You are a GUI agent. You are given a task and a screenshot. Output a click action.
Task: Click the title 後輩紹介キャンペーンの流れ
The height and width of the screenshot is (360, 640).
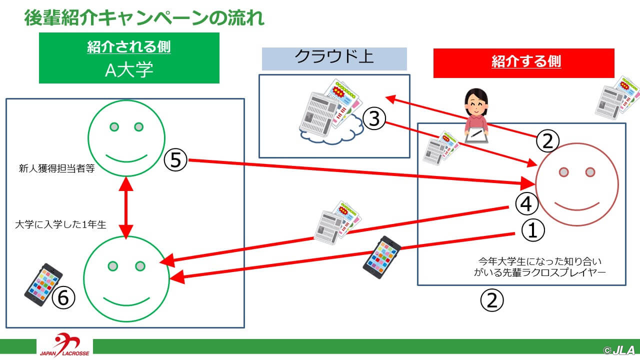click(x=144, y=17)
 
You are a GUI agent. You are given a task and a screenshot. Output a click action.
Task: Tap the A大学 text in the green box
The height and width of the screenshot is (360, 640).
click(x=129, y=70)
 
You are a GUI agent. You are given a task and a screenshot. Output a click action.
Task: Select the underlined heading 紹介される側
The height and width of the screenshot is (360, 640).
click(x=129, y=47)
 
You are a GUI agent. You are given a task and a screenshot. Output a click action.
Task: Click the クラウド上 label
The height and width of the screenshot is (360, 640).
click(x=334, y=56)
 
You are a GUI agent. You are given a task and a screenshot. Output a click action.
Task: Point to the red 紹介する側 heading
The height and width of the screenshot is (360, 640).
click(x=526, y=61)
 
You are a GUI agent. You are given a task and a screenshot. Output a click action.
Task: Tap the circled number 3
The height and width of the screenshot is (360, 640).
click(x=374, y=118)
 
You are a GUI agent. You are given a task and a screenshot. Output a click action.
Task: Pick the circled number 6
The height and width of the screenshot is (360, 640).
click(x=63, y=297)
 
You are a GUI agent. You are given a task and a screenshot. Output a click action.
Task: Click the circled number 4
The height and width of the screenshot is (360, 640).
click(x=526, y=203)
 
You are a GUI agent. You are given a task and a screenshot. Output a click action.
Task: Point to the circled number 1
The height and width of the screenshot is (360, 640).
click(x=533, y=230)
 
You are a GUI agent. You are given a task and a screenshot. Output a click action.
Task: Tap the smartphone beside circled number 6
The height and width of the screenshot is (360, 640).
click(x=43, y=284)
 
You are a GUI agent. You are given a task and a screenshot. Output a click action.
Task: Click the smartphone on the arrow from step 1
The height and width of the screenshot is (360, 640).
click(x=381, y=257)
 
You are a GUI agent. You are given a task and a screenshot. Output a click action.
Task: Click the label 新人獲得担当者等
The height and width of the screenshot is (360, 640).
click(x=56, y=168)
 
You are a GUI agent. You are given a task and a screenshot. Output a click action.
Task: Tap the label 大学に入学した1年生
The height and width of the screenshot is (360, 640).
click(x=60, y=224)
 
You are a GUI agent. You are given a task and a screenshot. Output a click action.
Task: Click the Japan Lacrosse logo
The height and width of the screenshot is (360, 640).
click(x=64, y=345)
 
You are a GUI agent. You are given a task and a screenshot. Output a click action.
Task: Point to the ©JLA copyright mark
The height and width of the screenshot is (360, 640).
click(x=619, y=350)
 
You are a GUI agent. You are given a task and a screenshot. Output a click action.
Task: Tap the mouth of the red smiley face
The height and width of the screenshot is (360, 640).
click(x=577, y=207)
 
